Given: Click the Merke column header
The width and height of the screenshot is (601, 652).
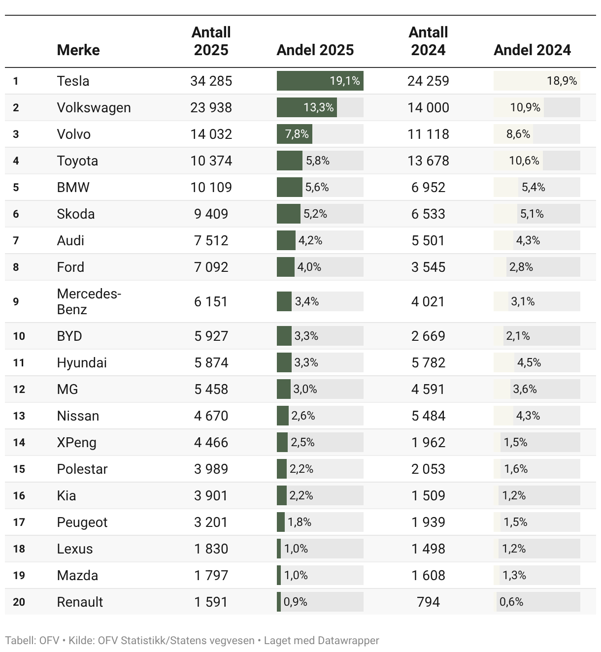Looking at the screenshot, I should [x=78, y=50].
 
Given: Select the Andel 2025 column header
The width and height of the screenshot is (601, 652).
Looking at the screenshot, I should [x=315, y=50].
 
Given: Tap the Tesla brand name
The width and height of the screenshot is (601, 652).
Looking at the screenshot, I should [x=73, y=81].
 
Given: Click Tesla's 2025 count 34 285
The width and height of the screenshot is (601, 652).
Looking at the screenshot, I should [x=211, y=81].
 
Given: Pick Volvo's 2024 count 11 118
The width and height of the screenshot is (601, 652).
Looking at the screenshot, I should [x=428, y=134].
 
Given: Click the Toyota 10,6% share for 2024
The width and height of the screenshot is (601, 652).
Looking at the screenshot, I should [x=524, y=161].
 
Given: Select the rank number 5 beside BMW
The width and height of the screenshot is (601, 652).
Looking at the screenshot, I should [x=16, y=187].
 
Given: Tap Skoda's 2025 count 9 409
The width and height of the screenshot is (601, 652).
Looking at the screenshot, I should [x=211, y=214].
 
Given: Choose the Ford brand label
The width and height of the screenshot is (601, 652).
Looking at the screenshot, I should [x=70, y=267].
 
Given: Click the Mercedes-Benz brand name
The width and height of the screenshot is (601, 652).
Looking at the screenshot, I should [x=89, y=301].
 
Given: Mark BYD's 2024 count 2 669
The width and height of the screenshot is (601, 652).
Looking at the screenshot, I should [x=428, y=336].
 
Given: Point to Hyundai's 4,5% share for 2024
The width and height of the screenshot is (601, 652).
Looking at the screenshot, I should [x=529, y=362].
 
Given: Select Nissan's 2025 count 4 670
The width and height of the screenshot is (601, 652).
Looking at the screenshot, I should [x=211, y=416].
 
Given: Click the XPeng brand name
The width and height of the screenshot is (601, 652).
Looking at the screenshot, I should [x=76, y=442].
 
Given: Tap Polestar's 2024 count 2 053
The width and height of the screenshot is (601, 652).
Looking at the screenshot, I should [x=428, y=469].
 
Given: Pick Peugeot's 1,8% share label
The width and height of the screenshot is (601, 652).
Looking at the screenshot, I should [x=300, y=522].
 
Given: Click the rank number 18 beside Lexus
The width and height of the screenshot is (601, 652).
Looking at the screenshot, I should [x=19, y=549].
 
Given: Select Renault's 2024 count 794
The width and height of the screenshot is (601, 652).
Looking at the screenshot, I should [x=428, y=602].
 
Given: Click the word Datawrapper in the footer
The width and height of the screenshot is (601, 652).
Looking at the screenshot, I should [x=348, y=641].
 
